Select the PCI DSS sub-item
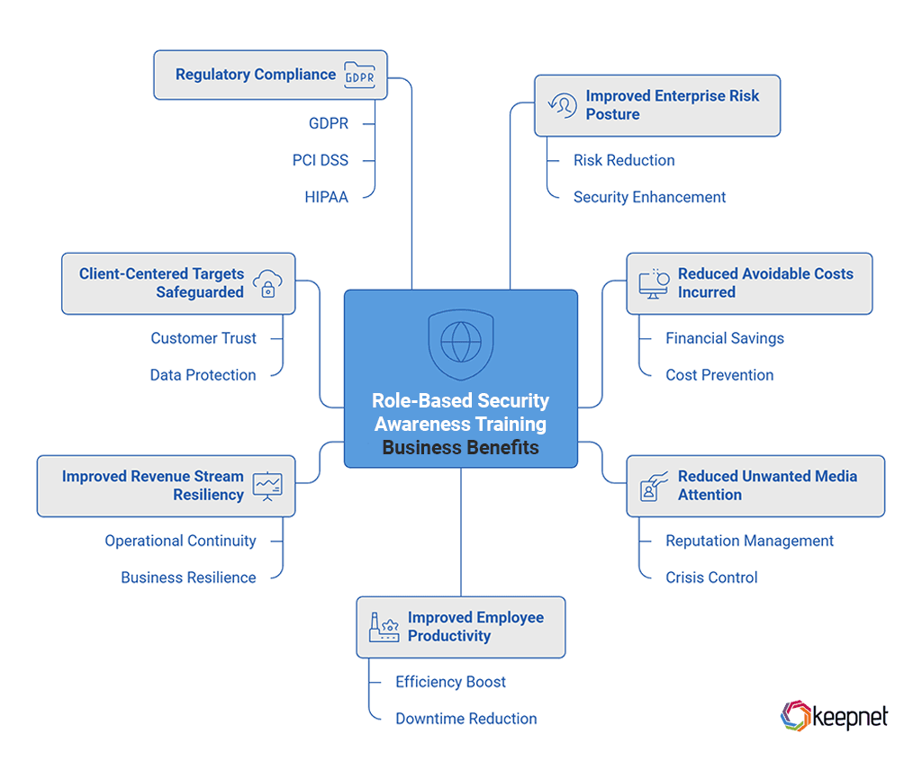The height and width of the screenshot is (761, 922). click(x=320, y=160)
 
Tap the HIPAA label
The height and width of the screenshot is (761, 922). click(x=326, y=197)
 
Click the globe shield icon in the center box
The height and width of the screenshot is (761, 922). click(x=460, y=343)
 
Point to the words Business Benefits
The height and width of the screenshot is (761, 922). click(x=460, y=447)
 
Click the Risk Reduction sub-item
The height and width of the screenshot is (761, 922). click(x=623, y=160)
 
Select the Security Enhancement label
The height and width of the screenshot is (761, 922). click(x=649, y=197)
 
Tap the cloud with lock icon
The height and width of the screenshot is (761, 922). click(x=267, y=282)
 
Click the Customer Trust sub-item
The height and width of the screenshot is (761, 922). click(x=203, y=338)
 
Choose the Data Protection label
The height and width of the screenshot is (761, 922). click(x=203, y=375)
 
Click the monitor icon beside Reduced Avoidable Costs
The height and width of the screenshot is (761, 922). click(x=653, y=282)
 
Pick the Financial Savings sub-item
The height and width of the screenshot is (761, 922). click(x=724, y=338)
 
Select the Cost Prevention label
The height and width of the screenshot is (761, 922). click(x=719, y=375)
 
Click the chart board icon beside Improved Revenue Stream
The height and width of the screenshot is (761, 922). click(x=267, y=486)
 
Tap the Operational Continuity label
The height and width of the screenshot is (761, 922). click(x=180, y=541)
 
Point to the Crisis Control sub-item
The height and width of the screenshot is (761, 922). click(x=711, y=577)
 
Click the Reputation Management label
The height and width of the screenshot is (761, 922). click(x=749, y=541)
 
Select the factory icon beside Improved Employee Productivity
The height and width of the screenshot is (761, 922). click(x=384, y=627)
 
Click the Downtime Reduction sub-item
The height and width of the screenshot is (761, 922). click(x=466, y=719)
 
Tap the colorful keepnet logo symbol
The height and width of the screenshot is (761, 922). click(x=795, y=716)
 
